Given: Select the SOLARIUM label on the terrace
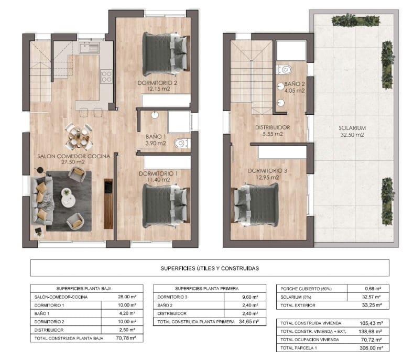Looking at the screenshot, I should pos(352,127).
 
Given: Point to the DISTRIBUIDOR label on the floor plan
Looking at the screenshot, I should pos(269,127).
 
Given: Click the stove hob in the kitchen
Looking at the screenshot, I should pos(106,77).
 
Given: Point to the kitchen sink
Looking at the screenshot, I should pos(89,48).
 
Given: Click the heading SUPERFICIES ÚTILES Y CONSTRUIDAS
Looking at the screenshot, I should pos(210,268).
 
